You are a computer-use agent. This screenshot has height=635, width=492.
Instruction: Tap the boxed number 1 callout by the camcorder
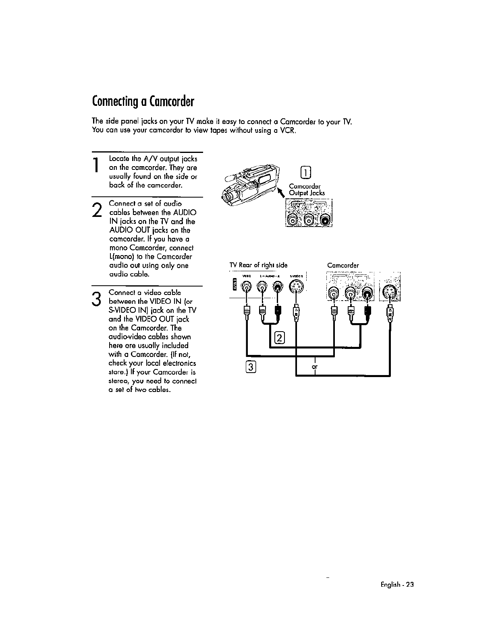pos(306,173)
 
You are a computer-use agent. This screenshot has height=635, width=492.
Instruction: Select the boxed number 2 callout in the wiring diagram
pos(279,339)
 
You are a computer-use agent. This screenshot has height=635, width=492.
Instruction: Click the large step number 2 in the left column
pos(96,210)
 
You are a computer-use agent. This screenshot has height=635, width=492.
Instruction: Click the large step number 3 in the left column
pos(96,298)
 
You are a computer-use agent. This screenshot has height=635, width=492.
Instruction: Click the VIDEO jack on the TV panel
pos(246,287)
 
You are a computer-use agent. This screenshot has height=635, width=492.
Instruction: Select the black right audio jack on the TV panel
pos(278,287)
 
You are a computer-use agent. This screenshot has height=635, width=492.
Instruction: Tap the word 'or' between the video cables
pos(315,367)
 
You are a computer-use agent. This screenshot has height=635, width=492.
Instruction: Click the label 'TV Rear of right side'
pos(258,265)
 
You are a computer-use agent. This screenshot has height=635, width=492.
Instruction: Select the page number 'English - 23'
pos(397,585)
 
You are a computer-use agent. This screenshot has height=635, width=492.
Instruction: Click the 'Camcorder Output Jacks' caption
pos(307,190)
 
